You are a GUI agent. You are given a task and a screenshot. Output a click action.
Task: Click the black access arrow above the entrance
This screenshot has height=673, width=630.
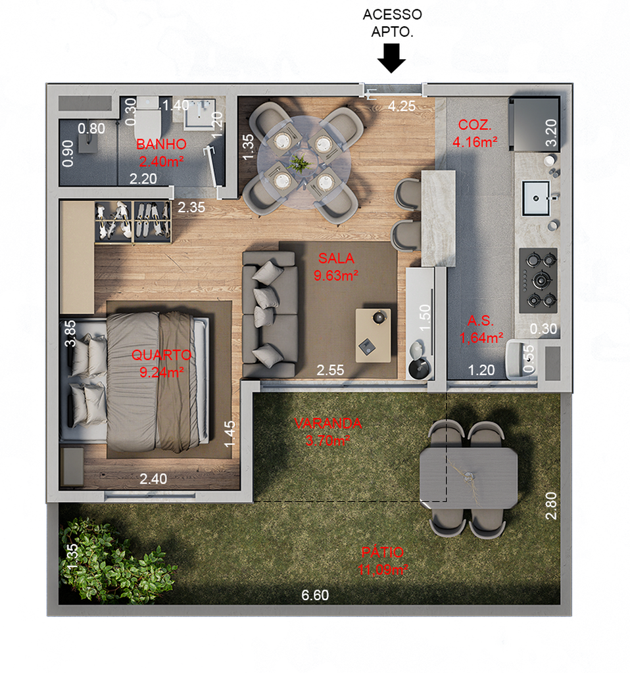(x=391, y=58)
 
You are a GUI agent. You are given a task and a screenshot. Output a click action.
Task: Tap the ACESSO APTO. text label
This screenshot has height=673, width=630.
(x=392, y=23)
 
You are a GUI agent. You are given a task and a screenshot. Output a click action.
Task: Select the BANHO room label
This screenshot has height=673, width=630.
(x=161, y=144)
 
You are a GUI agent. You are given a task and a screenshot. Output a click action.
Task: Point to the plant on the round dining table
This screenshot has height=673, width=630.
(x=299, y=164)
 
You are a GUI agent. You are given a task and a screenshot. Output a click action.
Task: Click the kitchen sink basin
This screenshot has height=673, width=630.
(x=535, y=198)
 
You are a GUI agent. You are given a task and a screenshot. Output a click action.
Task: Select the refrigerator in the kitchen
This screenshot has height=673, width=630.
(x=534, y=124)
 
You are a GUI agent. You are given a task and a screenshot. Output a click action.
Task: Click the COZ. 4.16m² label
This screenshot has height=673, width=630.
(x=475, y=133)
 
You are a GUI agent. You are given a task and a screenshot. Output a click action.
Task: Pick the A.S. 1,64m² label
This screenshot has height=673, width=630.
(x=481, y=329)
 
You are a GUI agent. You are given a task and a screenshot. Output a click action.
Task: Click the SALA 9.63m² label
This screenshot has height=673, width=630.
(x=336, y=267)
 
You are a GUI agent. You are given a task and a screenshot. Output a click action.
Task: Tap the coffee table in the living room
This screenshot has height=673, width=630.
(x=373, y=335)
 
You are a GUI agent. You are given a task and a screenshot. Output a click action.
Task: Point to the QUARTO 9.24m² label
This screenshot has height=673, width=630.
(x=162, y=363)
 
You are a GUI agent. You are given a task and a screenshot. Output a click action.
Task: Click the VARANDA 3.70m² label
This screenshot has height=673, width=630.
(x=327, y=432)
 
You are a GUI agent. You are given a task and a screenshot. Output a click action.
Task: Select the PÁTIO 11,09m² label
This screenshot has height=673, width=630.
(x=383, y=561)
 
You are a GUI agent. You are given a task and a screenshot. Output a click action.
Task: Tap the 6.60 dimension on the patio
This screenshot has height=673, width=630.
(x=315, y=595)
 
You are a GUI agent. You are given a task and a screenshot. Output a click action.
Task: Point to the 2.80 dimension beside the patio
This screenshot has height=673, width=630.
(x=551, y=505)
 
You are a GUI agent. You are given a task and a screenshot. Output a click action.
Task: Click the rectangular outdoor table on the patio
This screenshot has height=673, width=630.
(x=468, y=477)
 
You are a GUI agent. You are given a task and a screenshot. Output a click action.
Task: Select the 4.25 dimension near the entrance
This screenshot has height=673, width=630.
(x=402, y=106)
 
